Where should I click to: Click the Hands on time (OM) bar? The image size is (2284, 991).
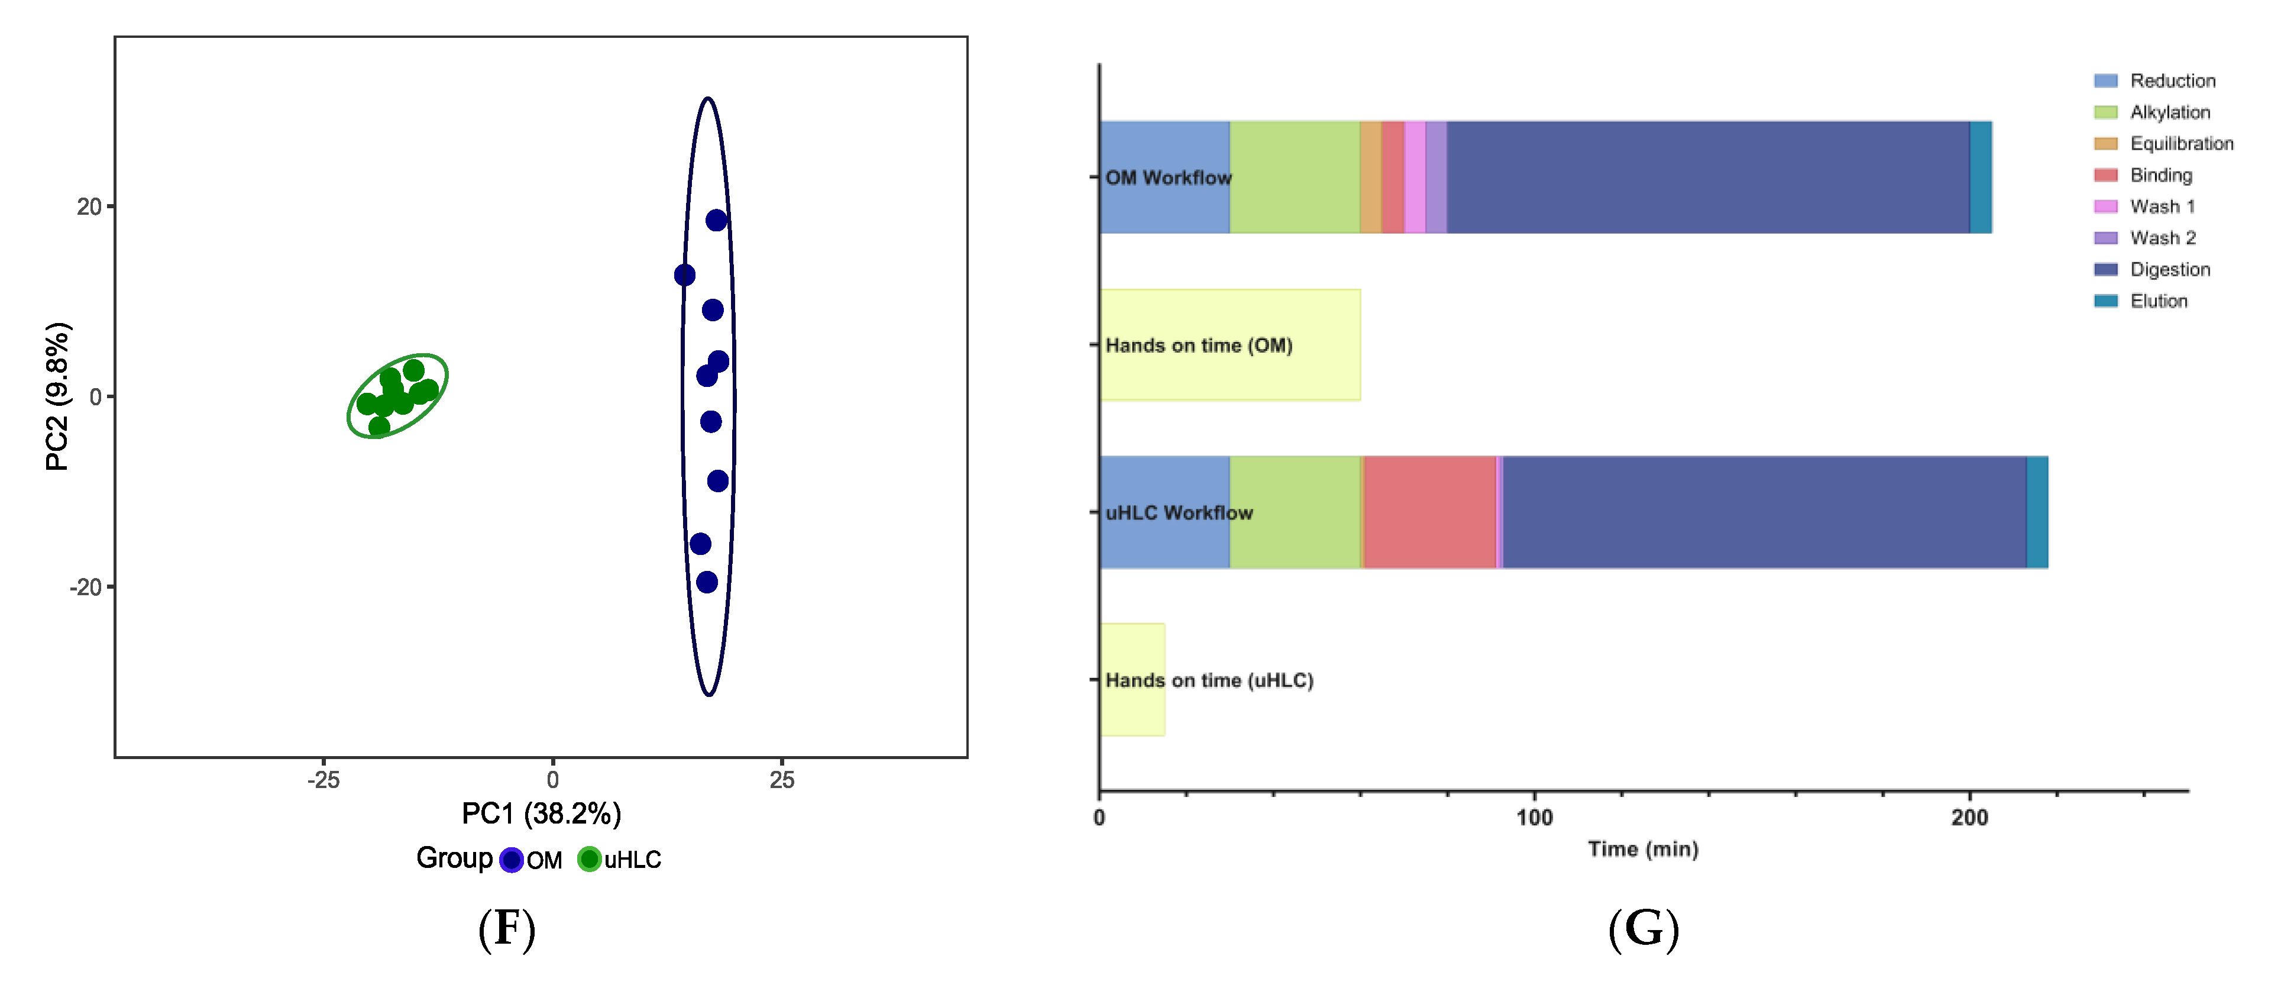pyautogui.click(x=1230, y=345)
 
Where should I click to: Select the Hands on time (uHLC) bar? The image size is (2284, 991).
pyautogui.click(x=1133, y=680)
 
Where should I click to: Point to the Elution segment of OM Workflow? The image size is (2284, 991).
pyautogui.click(x=1981, y=177)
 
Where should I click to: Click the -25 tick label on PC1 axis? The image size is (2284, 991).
pyautogui.click(x=323, y=780)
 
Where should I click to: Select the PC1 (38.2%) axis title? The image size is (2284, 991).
pyautogui.click(x=541, y=814)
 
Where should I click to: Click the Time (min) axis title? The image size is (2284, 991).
pyautogui.click(x=1643, y=849)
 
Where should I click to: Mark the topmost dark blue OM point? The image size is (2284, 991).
pyautogui.click(x=716, y=220)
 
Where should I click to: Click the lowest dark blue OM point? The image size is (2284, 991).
pyautogui.click(x=707, y=582)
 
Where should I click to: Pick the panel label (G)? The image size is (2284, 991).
pyautogui.click(x=1643, y=929)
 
